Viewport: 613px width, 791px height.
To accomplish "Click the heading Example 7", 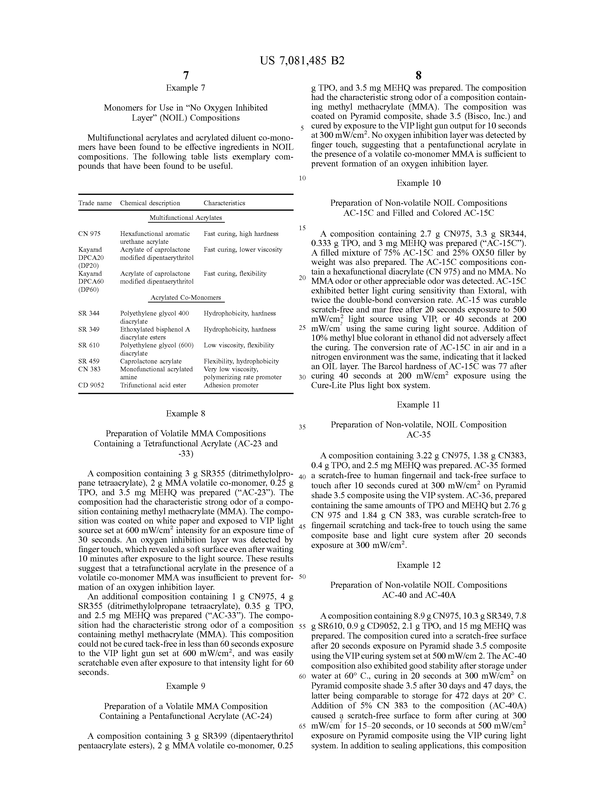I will click(186, 88).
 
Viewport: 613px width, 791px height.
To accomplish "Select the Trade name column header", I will click(95, 203).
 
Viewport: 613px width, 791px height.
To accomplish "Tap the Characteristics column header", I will click(224, 203).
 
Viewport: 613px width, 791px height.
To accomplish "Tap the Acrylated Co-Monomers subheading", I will click(186, 298).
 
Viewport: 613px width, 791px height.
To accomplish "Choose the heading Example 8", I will click(186, 414).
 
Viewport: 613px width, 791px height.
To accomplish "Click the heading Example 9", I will click(186, 686).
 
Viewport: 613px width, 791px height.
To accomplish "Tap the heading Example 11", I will click(419, 405).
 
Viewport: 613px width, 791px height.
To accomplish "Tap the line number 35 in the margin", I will click(302, 427).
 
